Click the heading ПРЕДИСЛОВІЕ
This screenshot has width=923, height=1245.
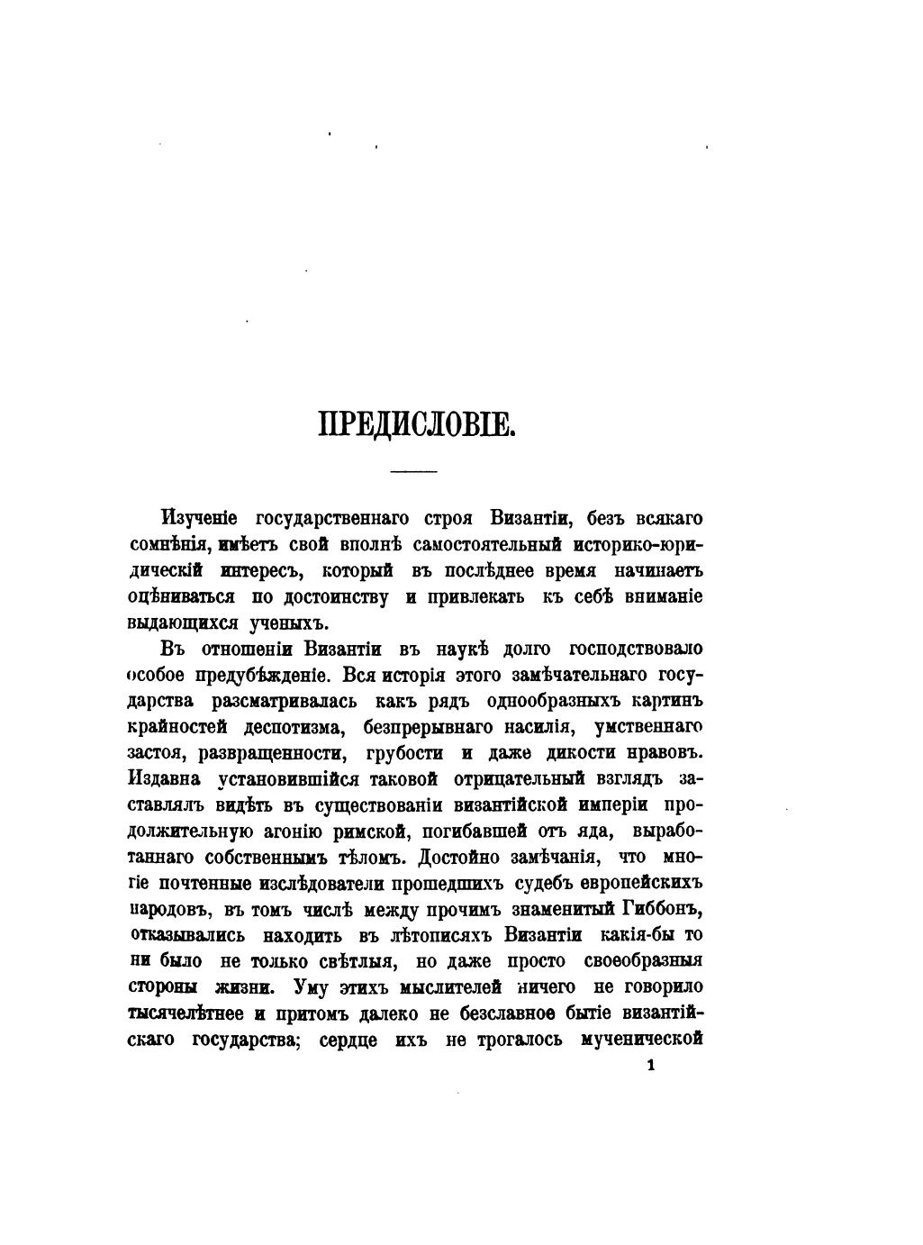click(416, 423)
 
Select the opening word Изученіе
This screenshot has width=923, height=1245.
click(199, 519)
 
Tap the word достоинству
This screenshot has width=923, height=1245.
click(336, 597)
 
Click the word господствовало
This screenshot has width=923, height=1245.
click(636, 650)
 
